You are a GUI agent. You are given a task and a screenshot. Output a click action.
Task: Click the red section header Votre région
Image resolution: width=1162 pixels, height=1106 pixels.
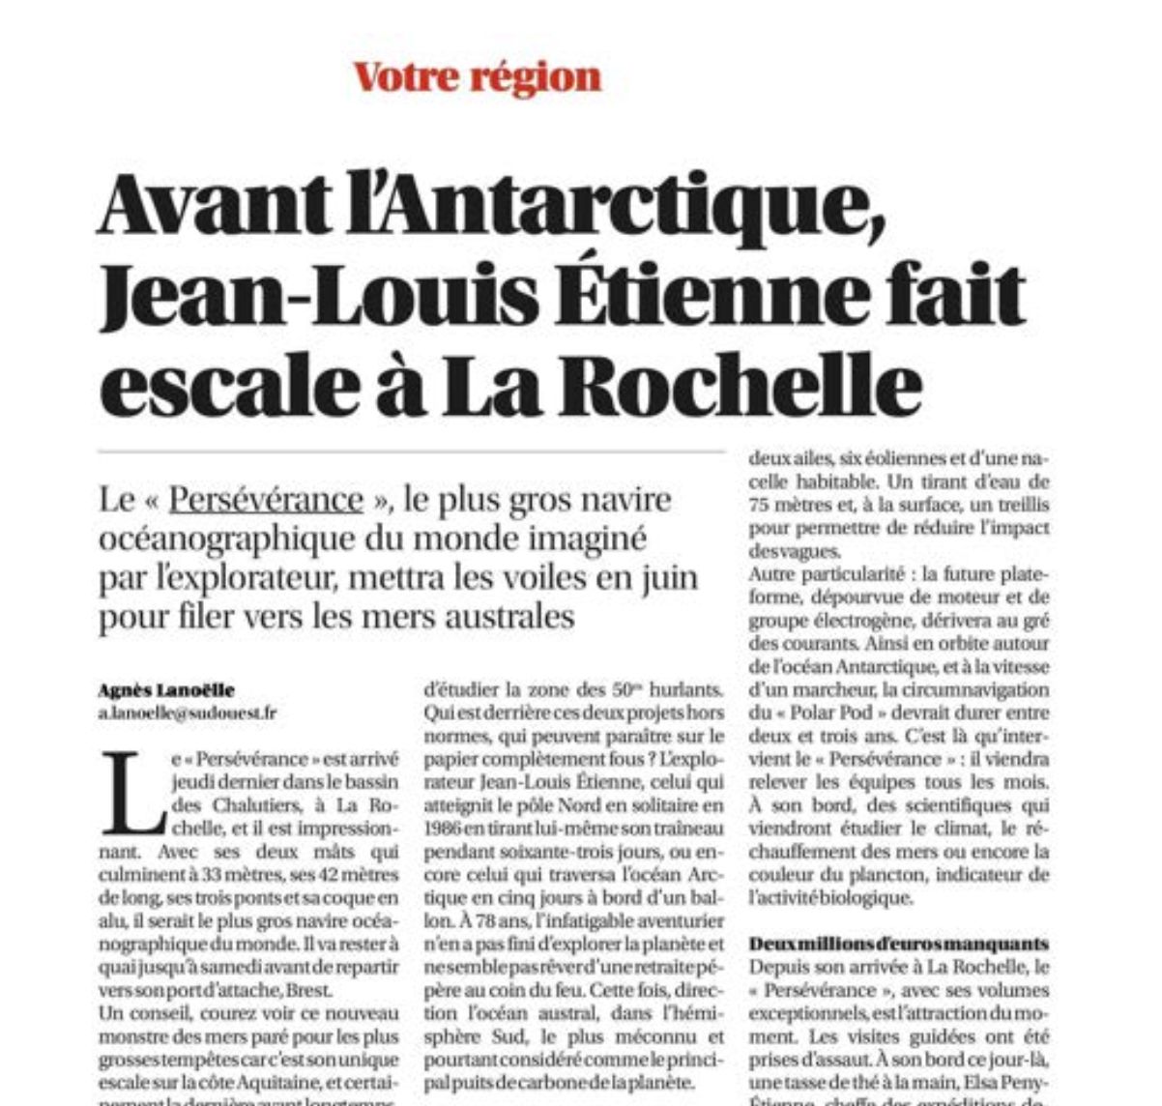(478, 76)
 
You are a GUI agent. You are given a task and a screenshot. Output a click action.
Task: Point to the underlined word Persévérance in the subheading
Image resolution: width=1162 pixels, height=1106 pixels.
(266, 501)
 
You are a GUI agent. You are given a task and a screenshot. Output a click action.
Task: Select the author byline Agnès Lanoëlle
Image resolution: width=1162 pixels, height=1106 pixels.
(166, 690)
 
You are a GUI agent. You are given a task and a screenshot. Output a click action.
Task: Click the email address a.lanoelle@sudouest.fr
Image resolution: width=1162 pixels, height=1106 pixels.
(187, 713)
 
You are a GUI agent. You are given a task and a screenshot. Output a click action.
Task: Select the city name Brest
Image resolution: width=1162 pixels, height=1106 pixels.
(311, 990)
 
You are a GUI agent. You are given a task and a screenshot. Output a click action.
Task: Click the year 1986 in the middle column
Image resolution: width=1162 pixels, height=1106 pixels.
(443, 829)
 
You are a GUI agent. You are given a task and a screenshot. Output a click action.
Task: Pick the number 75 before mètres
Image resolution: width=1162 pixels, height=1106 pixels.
(761, 504)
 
